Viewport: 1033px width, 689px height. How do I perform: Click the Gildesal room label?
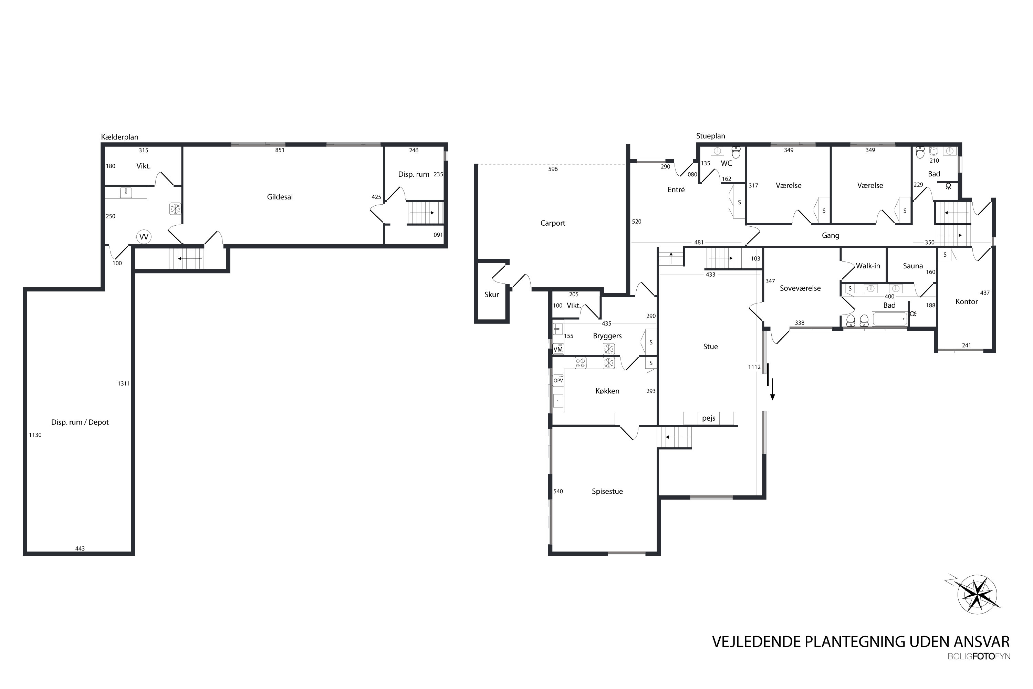pyautogui.click(x=280, y=197)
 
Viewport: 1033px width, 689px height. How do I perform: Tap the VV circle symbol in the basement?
pyautogui.click(x=144, y=237)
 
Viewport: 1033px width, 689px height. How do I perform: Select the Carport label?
pyautogui.click(x=553, y=223)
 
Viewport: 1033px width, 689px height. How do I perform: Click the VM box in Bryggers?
pyautogui.click(x=558, y=349)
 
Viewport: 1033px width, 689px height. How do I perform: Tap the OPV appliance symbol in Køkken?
pyautogui.click(x=558, y=380)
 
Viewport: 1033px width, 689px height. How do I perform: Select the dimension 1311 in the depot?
pyautogui.click(x=124, y=384)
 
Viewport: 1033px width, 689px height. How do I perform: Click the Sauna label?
pyautogui.click(x=913, y=266)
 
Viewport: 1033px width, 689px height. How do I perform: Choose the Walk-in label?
pyautogui.click(x=868, y=266)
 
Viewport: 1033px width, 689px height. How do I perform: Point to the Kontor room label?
pyautogui.click(x=966, y=301)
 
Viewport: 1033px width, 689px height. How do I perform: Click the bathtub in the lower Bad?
pyautogui.click(x=890, y=319)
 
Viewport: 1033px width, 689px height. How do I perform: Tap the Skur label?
pyautogui.click(x=491, y=295)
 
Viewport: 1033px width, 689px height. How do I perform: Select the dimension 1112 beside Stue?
pyautogui.click(x=754, y=367)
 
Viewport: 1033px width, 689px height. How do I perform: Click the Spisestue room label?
pyautogui.click(x=607, y=491)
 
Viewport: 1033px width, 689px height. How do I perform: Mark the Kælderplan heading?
pyautogui.click(x=119, y=137)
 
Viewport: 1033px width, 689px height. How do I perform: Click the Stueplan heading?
pyautogui.click(x=710, y=136)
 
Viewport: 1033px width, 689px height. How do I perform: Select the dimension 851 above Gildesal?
pyautogui.click(x=280, y=150)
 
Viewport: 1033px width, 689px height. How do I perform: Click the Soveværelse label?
pyautogui.click(x=800, y=288)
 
